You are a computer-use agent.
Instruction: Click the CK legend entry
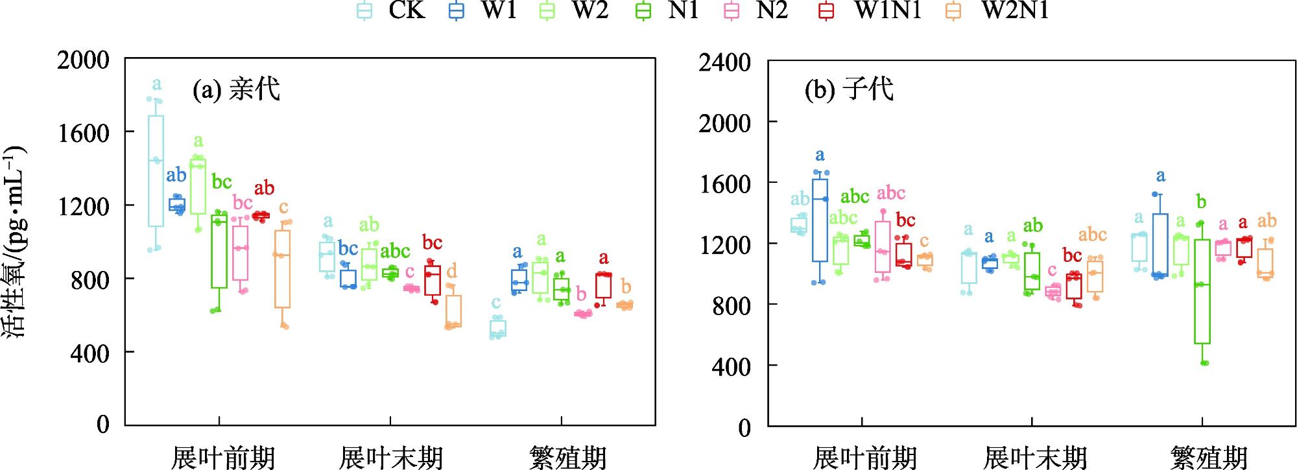point(393,11)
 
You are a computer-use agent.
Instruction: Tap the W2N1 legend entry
point(1002,11)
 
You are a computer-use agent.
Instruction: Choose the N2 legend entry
point(759,11)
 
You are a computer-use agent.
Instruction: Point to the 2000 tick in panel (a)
point(83,60)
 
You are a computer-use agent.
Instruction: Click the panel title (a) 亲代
point(236,89)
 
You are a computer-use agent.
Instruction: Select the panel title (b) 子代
point(849,89)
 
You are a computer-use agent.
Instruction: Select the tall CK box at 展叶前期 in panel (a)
point(156,171)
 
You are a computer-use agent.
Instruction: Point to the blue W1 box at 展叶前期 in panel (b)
point(820,220)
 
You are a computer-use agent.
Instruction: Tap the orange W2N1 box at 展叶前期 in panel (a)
point(282,269)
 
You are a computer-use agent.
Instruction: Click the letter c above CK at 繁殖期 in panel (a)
point(496,303)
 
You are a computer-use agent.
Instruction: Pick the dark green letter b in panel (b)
point(1201,202)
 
